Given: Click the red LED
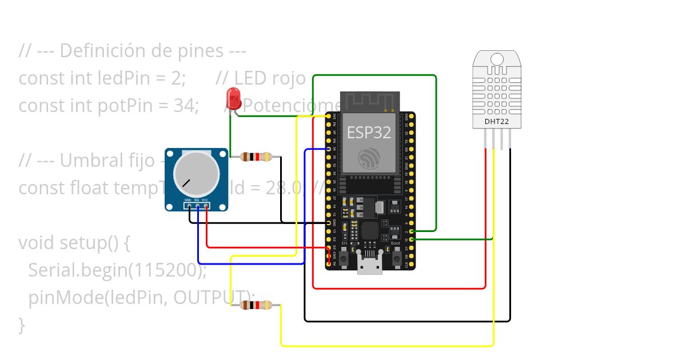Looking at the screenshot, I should pos(233,99).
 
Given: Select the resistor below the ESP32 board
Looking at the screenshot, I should pos(256,306).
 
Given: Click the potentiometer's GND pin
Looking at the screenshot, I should pos(188,205).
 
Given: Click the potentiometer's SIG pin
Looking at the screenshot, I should pos(197,205).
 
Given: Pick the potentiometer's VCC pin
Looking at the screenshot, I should pos(205,205).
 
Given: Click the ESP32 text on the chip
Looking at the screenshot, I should pos(369,133).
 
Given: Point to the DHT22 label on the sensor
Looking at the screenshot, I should pos(496,122).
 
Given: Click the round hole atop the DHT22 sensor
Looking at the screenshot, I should pos(497,59).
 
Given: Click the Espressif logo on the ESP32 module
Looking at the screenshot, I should pos(369,158).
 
